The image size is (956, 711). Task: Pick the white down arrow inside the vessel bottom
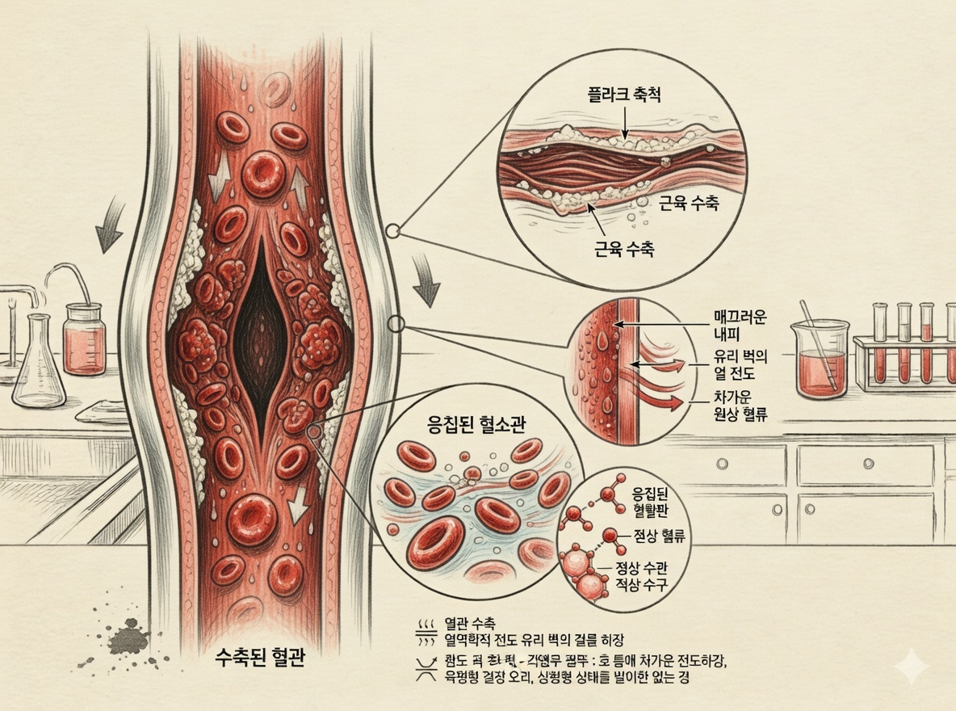[300, 504]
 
